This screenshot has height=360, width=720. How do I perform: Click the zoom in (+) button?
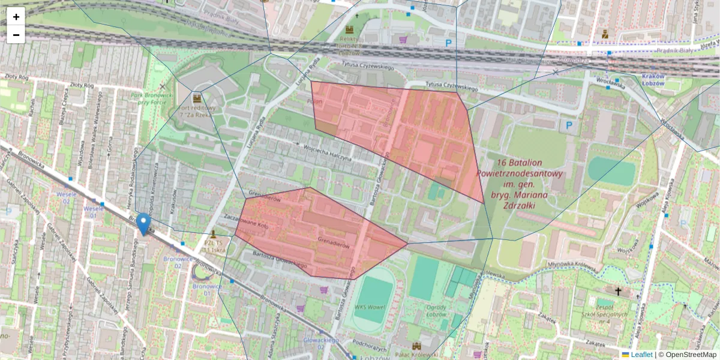[x=16, y=16]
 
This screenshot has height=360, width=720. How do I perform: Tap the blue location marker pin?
[x=143, y=223]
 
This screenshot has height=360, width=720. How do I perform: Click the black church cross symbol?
[x=618, y=291]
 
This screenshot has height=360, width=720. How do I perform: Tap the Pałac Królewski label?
[x=416, y=356]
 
